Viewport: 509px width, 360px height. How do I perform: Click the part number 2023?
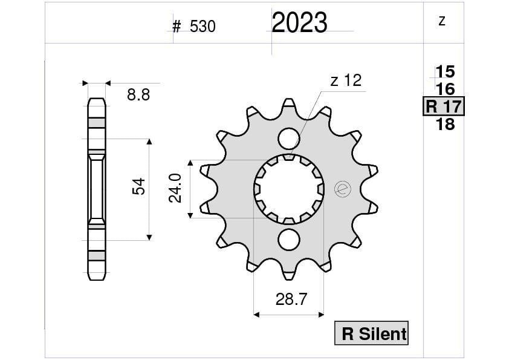(299, 23)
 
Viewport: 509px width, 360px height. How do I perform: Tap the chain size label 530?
(203, 27)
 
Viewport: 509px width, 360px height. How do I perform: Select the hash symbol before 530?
(177, 27)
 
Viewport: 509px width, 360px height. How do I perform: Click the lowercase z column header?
(442, 22)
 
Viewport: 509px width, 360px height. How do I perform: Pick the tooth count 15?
(445, 72)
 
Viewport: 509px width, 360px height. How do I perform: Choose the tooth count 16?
(445, 90)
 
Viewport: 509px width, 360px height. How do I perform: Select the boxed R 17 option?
(443, 107)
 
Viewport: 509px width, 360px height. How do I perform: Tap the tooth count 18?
(445, 125)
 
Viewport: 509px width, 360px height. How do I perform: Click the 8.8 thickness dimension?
(138, 94)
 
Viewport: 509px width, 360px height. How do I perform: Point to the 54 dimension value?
(138, 186)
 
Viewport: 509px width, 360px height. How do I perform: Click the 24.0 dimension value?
(175, 188)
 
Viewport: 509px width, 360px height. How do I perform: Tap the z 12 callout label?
(346, 80)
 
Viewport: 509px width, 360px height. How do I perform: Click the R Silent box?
(372, 333)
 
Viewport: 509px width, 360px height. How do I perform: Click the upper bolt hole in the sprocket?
(289, 139)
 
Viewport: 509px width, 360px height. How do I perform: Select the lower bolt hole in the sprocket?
(289, 240)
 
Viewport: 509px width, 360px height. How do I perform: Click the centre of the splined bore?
(288, 189)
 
